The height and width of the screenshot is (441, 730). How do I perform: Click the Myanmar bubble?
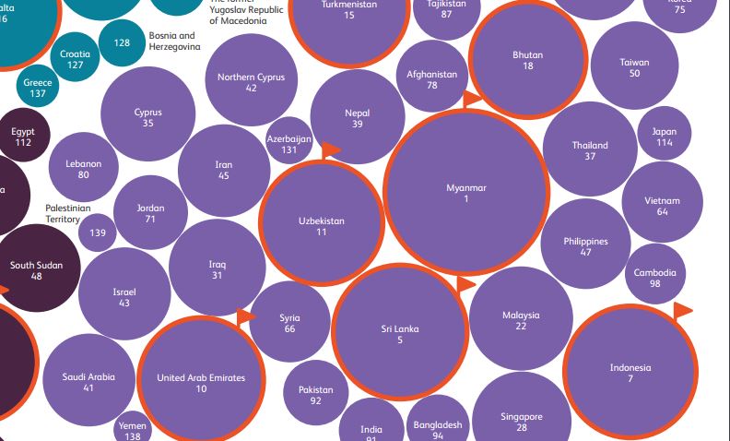pyautogui.click(x=465, y=194)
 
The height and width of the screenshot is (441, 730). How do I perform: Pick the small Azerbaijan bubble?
pyautogui.click(x=289, y=142)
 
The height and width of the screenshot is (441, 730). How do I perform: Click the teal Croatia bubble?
pyautogui.click(x=76, y=59)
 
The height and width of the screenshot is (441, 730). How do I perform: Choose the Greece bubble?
pyautogui.click(x=38, y=88)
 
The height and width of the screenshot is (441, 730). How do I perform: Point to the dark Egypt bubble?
pyautogui.click(x=23, y=137)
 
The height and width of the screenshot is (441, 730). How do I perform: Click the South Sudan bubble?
pyautogui.click(x=37, y=269)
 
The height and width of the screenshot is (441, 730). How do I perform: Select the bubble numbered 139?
pyautogui.click(x=99, y=233)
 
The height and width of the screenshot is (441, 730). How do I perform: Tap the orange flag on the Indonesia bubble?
pyautogui.click(x=683, y=309)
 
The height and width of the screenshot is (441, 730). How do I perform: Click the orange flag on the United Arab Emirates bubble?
pyautogui.click(x=246, y=317)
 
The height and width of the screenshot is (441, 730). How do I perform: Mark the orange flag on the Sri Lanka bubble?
pyautogui.click(x=465, y=284)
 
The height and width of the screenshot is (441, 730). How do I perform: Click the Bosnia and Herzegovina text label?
pyautogui.click(x=174, y=42)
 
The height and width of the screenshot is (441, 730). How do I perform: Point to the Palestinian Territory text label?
pyautogui.click(x=68, y=214)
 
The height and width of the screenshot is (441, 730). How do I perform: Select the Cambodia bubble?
pyautogui.click(x=654, y=278)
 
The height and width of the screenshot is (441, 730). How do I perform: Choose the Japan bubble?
pyautogui.click(x=664, y=137)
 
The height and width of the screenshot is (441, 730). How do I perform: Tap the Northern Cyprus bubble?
pyautogui.click(x=251, y=82)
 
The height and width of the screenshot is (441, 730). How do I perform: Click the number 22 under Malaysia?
pyautogui.click(x=521, y=326)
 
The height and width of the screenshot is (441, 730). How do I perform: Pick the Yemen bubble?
pyautogui.click(x=132, y=429)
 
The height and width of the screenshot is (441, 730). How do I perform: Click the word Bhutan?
pyautogui.click(x=527, y=55)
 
